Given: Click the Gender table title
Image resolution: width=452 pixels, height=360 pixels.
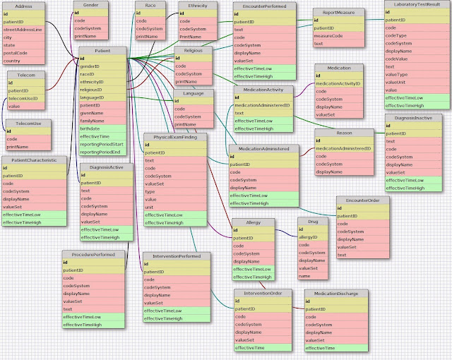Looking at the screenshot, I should point(90,5).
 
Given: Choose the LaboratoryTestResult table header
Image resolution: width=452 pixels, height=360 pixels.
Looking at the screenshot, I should point(416,4).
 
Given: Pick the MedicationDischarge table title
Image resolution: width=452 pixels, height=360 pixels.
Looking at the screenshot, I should point(335,292).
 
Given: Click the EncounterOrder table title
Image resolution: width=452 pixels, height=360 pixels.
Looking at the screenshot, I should point(362,200).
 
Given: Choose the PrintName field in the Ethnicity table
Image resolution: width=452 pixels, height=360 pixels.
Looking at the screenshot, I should point(192,36).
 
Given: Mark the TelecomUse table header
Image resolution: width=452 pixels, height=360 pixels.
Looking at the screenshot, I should point(26,124).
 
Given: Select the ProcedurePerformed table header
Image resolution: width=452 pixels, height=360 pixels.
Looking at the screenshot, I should point(88,253).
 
